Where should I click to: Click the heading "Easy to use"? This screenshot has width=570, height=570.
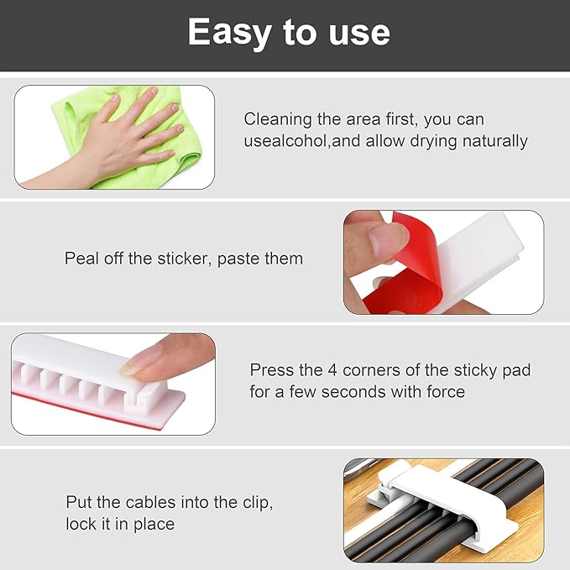[289, 33]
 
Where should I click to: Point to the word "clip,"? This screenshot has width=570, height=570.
[254, 503]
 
